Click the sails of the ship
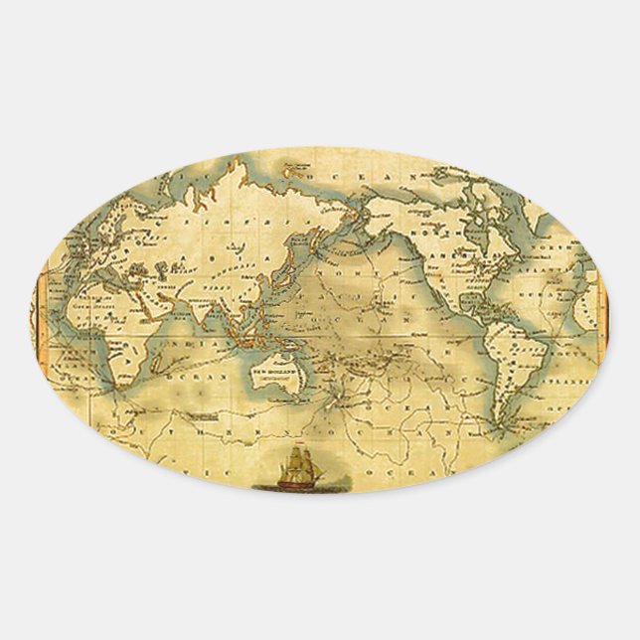[295, 462]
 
